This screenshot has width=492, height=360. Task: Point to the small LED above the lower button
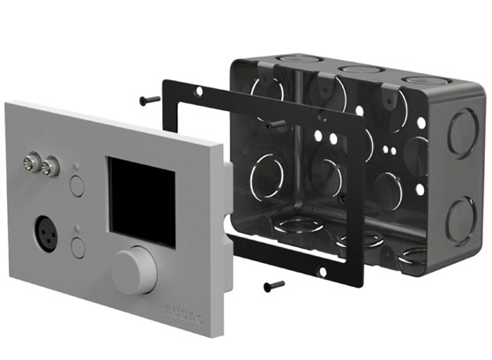[x=77, y=229]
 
